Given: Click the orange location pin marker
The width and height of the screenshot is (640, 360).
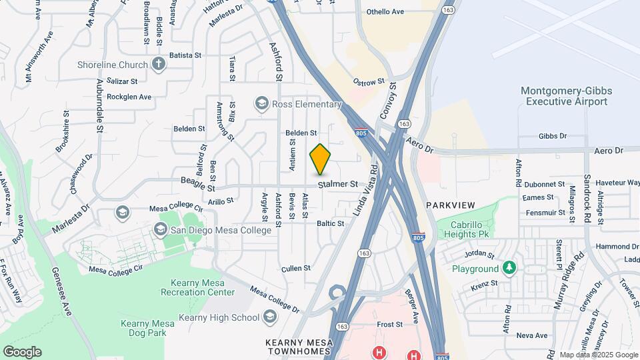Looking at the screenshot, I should coord(320,159).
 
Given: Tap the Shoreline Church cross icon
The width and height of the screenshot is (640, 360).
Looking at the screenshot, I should coord(158,65).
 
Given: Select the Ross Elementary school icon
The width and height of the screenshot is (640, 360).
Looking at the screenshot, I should coord(261,104).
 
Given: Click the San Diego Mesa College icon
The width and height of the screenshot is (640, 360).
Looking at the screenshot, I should coord(160,230).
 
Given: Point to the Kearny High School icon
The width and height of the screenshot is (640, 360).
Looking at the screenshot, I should coord(270,316).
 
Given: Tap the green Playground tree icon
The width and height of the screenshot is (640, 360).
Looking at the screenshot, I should coord(510,269).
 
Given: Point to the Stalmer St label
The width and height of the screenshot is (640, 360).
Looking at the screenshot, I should coord(338,184).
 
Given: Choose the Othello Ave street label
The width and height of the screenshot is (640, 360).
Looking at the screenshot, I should coord(385,12).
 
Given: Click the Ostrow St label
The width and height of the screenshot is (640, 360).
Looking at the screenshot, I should coord(369,81).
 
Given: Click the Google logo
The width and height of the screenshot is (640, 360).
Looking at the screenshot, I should coord(22,351).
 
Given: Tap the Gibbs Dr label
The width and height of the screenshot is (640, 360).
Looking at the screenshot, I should coord(553,136).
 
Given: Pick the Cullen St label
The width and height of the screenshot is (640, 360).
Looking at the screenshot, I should coord(297,268).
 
